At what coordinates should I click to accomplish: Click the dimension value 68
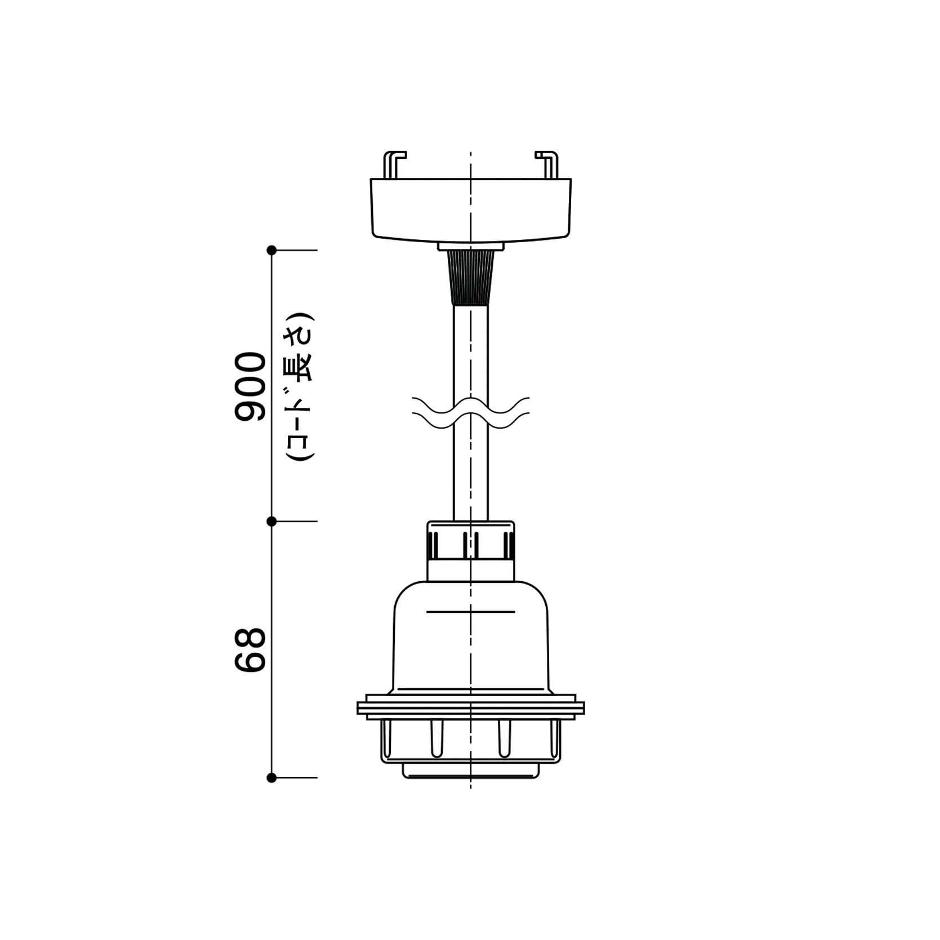[250, 650]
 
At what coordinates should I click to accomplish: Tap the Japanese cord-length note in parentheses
[299, 387]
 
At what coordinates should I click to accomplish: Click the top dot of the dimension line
[271, 250]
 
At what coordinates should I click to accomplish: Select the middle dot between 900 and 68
[271, 522]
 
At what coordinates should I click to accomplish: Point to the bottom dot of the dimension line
[271, 778]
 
